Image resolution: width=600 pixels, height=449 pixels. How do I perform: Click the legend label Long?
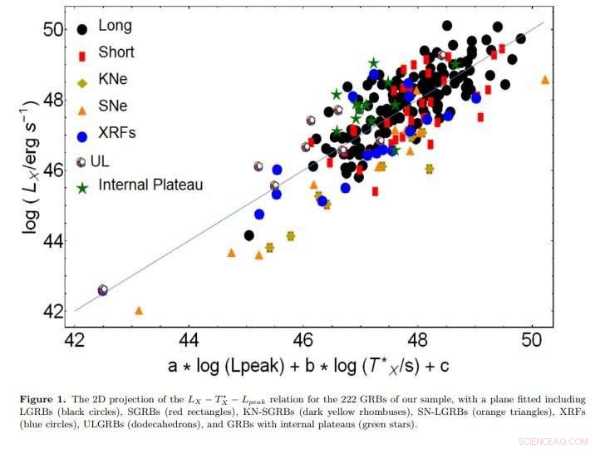pyautogui.click(x=115, y=25)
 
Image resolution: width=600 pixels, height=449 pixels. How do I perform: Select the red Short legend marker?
pyautogui.click(x=81, y=55)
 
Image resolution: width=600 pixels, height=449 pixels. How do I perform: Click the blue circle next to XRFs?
pyautogui.click(x=81, y=136)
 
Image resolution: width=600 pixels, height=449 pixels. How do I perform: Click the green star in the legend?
pyautogui.click(x=81, y=189)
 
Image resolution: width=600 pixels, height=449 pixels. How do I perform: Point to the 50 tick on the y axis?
pyautogui.click(x=53, y=29)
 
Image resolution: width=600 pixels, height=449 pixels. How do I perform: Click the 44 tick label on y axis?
pyautogui.click(x=53, y=241)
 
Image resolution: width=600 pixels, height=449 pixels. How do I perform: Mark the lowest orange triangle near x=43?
pyautogui.click(x=139, y=310)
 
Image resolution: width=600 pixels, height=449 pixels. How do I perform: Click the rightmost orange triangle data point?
pyautogui.click(x=545, y=79)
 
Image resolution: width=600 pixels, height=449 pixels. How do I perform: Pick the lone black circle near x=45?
pyautogui.click(x=248, y=235)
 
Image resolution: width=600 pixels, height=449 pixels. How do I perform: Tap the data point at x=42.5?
pyautogui.click(x=102, y=290)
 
